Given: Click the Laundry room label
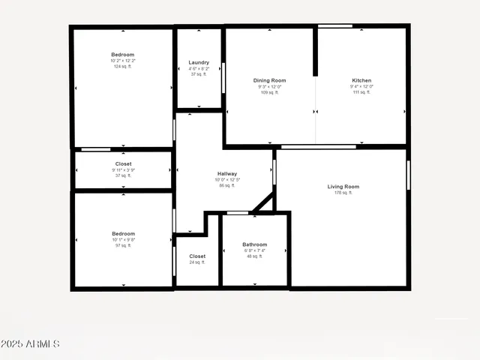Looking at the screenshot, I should tap(199, 62).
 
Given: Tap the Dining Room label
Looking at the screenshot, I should tap(269, 80).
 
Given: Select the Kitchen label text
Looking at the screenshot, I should tap(361, 80).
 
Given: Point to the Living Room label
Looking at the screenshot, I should tap(343, 187).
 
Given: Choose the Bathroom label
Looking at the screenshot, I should tap(254, 244).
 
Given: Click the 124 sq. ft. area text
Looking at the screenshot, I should tap(123, 67).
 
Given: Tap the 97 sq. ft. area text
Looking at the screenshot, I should tap(123, 246).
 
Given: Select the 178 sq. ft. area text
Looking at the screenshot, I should tap(343, 193).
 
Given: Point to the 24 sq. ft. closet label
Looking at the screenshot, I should tap(197, 262).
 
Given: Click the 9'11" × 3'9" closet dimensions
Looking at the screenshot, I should tap(123, 169).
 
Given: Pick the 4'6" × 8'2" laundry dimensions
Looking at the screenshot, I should tap(199, 68).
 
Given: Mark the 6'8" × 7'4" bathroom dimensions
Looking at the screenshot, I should tap(254, 250).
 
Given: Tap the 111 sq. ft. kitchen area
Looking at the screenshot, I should tap(361, 92).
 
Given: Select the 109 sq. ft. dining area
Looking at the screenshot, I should tap(269, 92).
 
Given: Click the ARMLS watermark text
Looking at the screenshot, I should tap(30, 344).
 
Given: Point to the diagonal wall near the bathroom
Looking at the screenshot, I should tap(262, 202).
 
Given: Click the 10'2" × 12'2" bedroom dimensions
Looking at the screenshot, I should tap(123, 61).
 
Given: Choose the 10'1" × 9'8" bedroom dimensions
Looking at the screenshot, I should tap(123, 240).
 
